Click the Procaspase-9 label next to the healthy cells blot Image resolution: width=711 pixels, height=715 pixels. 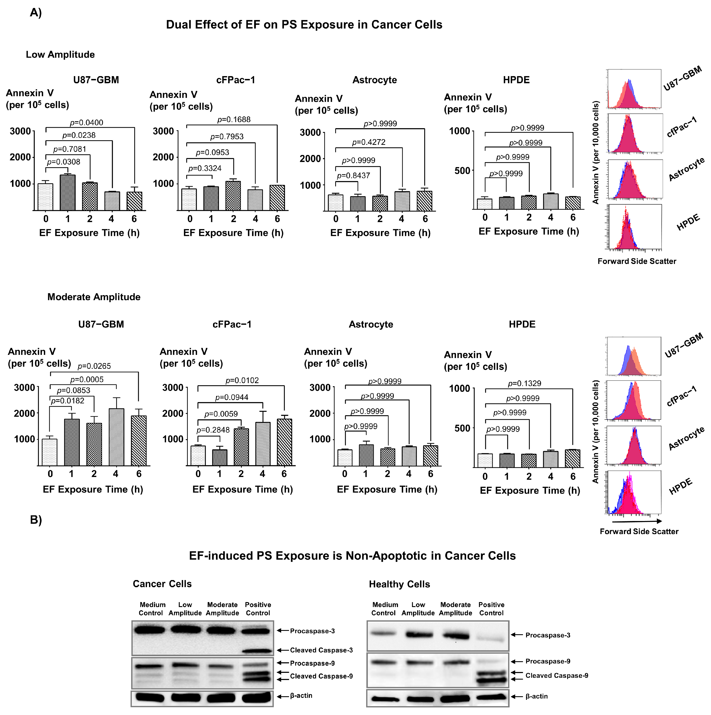point(548,661)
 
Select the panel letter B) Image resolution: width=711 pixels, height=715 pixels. point(36,520)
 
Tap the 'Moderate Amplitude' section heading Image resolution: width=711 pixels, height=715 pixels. point(94,297)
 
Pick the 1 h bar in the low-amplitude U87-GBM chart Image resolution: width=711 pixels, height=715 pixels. point(68,193)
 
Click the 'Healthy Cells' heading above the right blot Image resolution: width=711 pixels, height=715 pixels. point(399,584)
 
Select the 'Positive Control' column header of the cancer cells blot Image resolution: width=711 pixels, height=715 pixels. point(258,609)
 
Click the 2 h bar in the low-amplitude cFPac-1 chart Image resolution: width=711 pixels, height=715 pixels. point(233,196)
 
